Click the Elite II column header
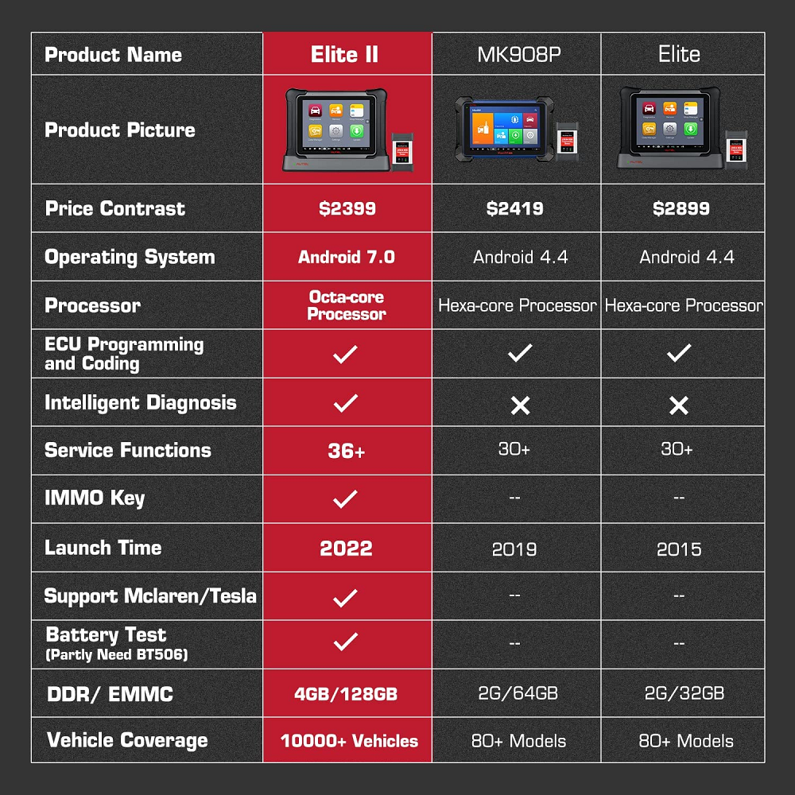pos(345,55)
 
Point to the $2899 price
pos(681,209)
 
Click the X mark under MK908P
pos(520,405)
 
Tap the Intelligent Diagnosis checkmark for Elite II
pos(345,403)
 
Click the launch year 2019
pos(514,549)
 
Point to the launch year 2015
pos(679,549)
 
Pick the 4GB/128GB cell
pos(346,693)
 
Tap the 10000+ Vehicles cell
pos(349,741)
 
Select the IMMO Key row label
pos(95,499)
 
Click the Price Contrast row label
pos(115,209)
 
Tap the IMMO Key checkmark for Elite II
pos(345,499)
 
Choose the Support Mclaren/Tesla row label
pos(150,596)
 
